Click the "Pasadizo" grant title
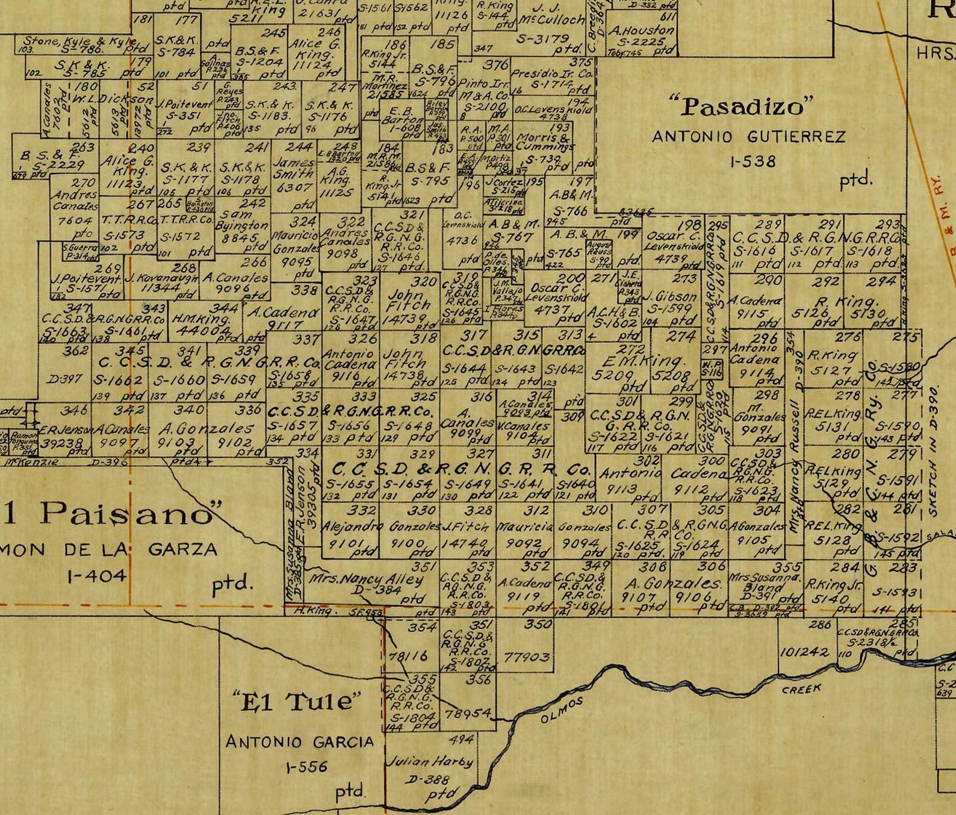743,107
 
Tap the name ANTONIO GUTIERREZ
748,137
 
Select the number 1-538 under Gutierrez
744,161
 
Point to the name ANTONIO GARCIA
299,742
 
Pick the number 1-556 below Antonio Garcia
307,767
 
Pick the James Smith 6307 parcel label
294,175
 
